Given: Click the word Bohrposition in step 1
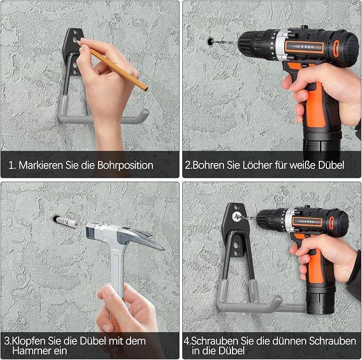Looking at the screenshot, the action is pos(125,166).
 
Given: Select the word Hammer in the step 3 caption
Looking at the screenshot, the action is pos(31,351).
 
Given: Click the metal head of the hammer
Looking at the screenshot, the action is pos(125,236).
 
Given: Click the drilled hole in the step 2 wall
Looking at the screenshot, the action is pos(210,42).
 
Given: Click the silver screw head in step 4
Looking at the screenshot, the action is pos(236,217).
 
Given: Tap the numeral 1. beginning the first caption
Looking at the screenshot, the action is pos(12,166).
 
